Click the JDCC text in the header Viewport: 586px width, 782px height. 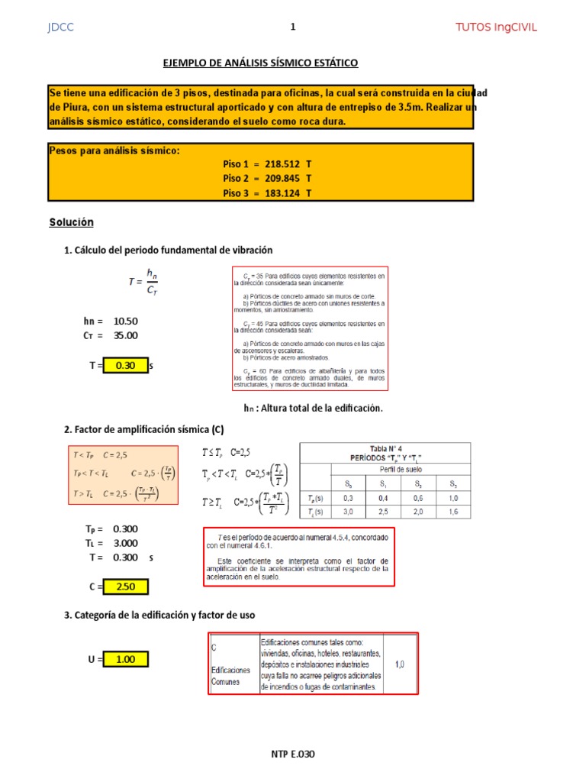60,27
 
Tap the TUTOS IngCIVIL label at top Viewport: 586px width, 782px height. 496,27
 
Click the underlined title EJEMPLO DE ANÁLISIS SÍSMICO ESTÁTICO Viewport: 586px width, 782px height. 261,63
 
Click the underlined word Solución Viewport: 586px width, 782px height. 71,222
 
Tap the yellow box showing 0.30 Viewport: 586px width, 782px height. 125,366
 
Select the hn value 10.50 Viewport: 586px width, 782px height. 125,321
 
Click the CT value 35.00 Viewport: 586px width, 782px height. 125,335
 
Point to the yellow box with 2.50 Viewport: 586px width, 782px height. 125,586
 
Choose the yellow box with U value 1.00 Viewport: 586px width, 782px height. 125,659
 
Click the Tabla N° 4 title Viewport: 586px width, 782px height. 385,450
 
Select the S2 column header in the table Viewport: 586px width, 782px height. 418,484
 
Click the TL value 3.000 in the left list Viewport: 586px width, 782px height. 125,543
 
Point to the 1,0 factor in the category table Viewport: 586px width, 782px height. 400,664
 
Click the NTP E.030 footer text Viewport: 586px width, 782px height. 293,755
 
